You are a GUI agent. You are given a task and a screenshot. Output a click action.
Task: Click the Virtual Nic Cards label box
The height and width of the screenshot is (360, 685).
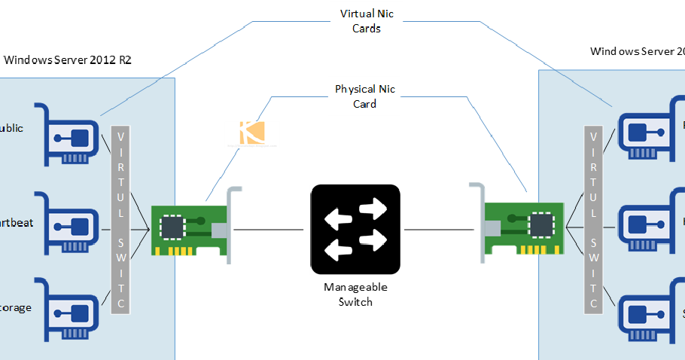coord(367,21)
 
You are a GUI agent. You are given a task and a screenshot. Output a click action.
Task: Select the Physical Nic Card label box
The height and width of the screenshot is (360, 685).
coord(365,96)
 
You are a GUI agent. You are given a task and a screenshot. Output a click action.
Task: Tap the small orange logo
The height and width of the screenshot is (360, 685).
coord(252,135)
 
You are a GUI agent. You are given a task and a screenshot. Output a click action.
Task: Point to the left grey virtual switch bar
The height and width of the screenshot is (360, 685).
coord(120,219)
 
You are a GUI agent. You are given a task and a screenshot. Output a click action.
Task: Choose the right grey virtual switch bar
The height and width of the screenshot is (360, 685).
coord(593,219)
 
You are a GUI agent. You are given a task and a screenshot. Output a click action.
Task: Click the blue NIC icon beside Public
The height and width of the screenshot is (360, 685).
coord(72,136)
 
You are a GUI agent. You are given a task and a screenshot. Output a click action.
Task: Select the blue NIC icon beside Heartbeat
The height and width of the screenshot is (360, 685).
coord(72,224)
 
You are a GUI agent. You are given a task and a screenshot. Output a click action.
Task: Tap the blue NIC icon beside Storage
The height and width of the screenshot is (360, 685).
coord(72,310)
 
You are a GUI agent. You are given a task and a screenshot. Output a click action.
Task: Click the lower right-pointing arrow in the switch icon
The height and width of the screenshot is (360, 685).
coord(373,240)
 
